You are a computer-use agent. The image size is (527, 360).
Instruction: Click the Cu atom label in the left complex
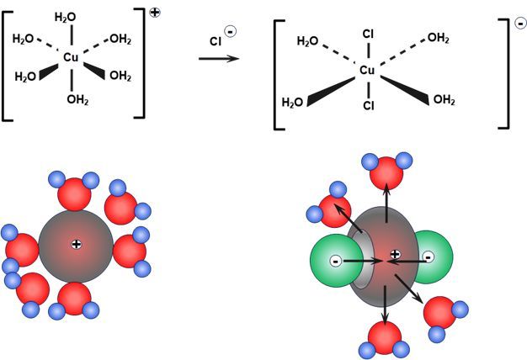pos(72,57)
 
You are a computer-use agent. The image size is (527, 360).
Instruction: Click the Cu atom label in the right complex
pos(367,71)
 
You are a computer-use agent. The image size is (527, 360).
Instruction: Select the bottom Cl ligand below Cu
pos(367,107)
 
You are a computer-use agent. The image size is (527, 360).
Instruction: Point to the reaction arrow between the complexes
pos(218,59)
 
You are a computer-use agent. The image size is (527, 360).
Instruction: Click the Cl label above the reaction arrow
pos(216,39)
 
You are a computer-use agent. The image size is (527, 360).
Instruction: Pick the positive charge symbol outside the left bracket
pos(156,13)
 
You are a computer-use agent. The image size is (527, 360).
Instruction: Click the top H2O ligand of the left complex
pos(65,17)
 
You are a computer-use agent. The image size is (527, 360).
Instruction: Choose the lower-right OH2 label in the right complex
pos(444,101)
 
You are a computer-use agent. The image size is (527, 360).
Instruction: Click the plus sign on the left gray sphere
pos(76,244)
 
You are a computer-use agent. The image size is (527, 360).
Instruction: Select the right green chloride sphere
pos(429,257)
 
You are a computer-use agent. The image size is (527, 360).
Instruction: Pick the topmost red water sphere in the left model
pos(74,193)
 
